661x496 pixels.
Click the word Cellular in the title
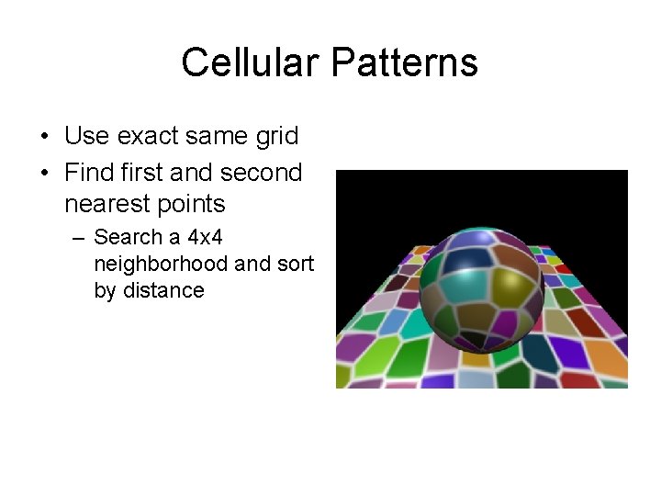pyautogui.click(x=249, y=63)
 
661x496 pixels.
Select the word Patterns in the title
pyautogui.click(x=404, y=63)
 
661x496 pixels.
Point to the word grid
pyautogui.click(x=276, y=137)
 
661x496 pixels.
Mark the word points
pyautogui.click(x=192, y=203)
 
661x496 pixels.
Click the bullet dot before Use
pyautogui.click(x=45, y=138)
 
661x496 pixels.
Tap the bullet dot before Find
pyautogui.click(x=45, y=174)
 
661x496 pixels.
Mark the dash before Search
pyautogui.click(x=79, y=238)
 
